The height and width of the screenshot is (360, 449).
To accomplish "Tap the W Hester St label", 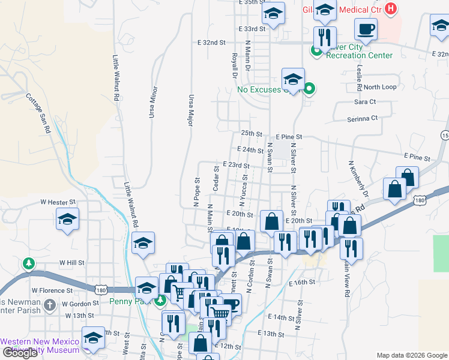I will pyautogui.click(x=58, y=203).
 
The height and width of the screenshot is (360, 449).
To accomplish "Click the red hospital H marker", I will pyautogui.click(x=391, y=9).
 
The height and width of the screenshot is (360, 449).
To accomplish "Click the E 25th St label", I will pyautogui.click(x=252, y=133).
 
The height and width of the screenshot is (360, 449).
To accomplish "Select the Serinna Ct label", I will pyautogui.click(x=363, y=119).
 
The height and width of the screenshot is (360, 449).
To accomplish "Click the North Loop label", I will pyautogui.click(x=380, y=87).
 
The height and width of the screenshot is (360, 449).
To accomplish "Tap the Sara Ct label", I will pyautogui.click(x=365, y=102).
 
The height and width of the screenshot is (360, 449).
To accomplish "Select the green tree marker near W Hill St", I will pyautogui.click(x=28, y=263).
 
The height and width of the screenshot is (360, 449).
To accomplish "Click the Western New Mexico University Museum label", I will pyautogui.click(x=40, y=346).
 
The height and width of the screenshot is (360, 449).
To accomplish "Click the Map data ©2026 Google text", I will pyautogui.click(x=412, y=355).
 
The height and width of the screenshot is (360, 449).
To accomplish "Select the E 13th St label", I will pyautogui.click(x=271, y=333).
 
